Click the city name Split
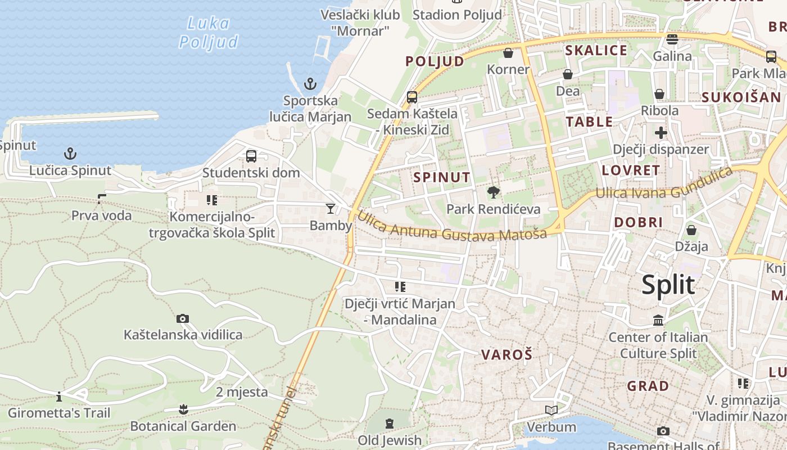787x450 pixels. (x=668, y=285)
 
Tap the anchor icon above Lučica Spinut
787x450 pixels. (x=70, y=154)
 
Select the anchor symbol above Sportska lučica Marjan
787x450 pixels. (x=310, y=84)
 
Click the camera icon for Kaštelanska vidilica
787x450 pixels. (x=182, y=319)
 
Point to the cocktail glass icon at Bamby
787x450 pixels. (x=331, y=209)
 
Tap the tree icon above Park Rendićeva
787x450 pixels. (x=493, y=193)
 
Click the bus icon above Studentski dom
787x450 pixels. (x=251, y=156)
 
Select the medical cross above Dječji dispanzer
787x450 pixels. (x=661, y=133)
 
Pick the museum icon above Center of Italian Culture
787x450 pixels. (x=658, y=321)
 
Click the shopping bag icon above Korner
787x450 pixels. (x=508, y=53)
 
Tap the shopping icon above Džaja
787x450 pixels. (x=691, y=230)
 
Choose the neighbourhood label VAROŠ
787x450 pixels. (x=506, y=355)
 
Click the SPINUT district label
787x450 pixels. (x=442, y=178)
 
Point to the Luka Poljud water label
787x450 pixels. (x=209, y=33)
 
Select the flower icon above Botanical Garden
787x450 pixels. (x=183, y=409)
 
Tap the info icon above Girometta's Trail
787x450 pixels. (x=59, y=397)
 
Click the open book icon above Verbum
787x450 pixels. (x=551, y=411)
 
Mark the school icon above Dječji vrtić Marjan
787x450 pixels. (x=400, y=287)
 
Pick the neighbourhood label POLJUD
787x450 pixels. (x=435, y=61)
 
